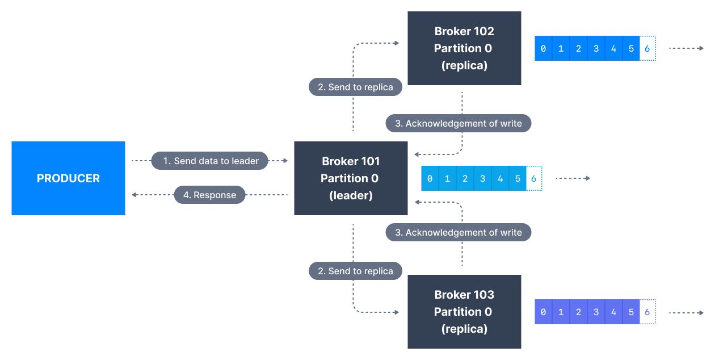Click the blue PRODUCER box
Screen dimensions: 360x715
click(68, 178)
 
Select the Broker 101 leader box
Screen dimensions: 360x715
click(351, 178)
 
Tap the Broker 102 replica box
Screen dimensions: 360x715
click(464, 48)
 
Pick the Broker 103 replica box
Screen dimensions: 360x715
click(464, 312)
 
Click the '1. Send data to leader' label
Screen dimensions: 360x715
click(211, 161)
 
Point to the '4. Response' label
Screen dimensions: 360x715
click(209, 195)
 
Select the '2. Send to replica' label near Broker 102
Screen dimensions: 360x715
click(355, 87)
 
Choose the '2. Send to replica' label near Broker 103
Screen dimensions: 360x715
click(355, 271)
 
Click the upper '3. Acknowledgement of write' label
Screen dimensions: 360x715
click(458, 123)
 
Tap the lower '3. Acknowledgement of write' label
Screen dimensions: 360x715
click(458, 232)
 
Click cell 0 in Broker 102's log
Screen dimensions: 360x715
click(543, 48)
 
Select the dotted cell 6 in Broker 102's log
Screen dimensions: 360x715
click(647, 48)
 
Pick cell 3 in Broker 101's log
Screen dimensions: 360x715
click(482, 178)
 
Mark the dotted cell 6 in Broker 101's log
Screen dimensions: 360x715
click(534, 178)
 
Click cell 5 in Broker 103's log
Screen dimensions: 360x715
click(631, 312)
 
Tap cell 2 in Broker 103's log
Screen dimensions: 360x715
click(578, 312)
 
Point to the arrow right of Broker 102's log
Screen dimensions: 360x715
click(686, 48)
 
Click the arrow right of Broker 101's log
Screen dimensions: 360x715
click(573, 178)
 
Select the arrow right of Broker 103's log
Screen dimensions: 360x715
click(686, 312)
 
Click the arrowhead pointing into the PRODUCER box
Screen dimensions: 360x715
click(134, 195)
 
